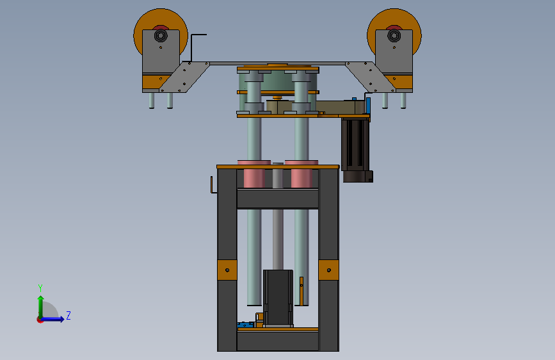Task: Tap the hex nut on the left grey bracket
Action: click(161, 35)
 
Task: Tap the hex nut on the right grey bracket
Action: click(394, 35)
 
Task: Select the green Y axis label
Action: click(40, 288)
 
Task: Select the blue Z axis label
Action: click(68, 315)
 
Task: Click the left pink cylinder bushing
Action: click(254, 174)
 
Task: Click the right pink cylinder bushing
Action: click(302, 174)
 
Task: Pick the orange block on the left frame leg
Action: click(227, 270)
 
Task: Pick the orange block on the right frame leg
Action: click(328, 270)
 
